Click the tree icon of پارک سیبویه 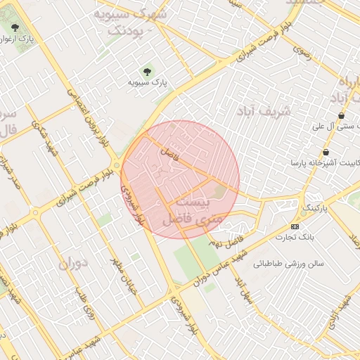[147, 70]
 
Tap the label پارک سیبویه [147, 83]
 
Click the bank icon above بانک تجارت [295, 226]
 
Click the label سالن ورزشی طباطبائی [288, 264]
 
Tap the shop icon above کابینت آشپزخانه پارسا [326, 153]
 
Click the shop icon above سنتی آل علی [342, 116]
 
